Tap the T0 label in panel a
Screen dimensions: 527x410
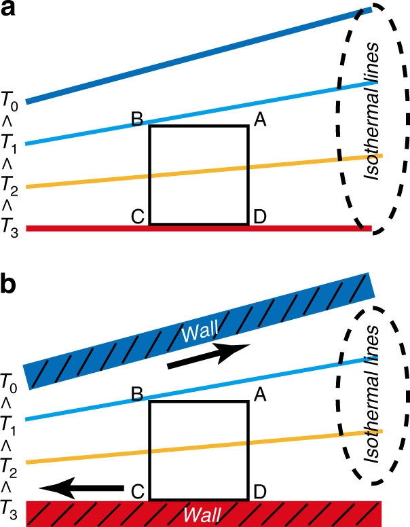coord(10,103)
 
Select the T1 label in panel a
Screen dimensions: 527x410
coord(10,144)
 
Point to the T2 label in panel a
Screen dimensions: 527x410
coord(10,186)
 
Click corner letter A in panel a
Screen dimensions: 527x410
coord(259,120)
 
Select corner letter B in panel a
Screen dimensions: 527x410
coord(136,120)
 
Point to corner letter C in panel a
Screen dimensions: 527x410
coord(136,217)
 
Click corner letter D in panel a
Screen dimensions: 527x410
coord(259,217)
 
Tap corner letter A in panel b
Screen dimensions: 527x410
coord(259,395)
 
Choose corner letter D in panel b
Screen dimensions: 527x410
coord(259,491)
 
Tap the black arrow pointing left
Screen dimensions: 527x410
coord(81,487)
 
